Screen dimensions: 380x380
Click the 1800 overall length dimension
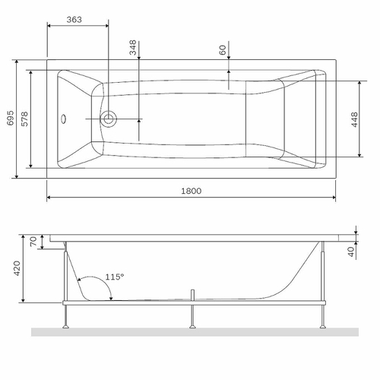(192, 191)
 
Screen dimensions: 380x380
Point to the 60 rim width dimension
(222, 50)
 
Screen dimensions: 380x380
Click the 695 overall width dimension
(9, 118)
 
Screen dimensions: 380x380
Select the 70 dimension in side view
(33, 242)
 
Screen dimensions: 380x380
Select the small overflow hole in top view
(65, 119)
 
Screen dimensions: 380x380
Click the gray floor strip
(190, 332)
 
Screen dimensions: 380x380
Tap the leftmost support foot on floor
(67, 326)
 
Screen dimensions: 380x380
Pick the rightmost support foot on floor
(324, 326)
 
